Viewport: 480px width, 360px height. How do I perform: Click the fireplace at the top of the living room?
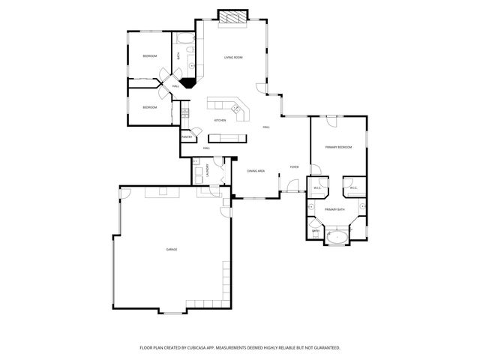(x=232, y=18)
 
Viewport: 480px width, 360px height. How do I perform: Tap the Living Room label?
(x=233, y=58)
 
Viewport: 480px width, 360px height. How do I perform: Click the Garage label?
(x=172, y=249)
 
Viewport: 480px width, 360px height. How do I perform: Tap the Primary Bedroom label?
(x=338, y=147)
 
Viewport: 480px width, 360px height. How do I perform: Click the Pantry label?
(x=187, y=137)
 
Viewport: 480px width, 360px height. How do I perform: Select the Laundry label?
(x=206, y=171)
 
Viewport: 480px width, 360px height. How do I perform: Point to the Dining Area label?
(x=256, y=171)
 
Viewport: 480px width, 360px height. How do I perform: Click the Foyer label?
(x=295, y=167)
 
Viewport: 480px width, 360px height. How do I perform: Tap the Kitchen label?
(x=220, y=121)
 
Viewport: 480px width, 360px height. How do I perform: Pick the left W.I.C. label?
(x=318, y=187)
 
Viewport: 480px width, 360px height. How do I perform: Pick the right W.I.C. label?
(x=353, y=187)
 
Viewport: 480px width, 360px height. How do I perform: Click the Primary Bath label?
(x=335, y=209)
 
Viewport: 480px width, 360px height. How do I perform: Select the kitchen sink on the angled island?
(x=238, y=113)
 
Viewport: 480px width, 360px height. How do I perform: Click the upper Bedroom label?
(x=150, y=57)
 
